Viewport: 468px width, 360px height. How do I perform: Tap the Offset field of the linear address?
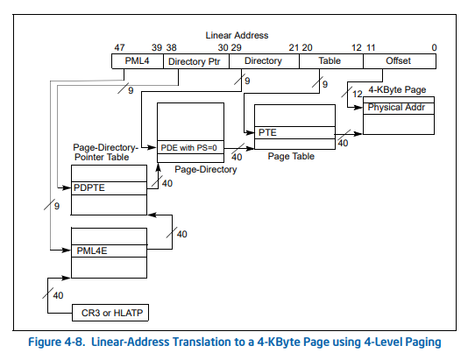399,61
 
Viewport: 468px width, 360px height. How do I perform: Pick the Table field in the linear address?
330,61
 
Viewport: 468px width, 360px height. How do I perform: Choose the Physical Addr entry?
398,107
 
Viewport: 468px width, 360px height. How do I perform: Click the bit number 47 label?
118,47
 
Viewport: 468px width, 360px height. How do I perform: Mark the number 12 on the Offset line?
356,94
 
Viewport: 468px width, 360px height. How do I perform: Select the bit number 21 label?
293,47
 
